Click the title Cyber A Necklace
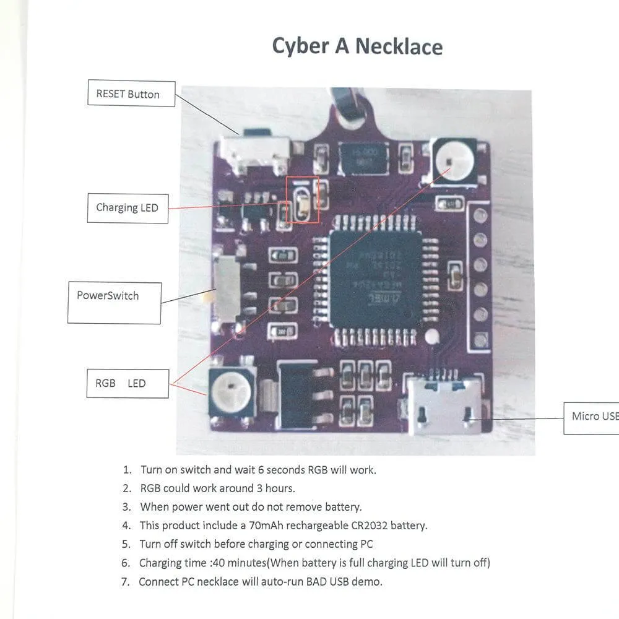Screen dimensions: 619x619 click(x=357, y=46)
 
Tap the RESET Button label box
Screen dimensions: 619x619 click(x=131, y=94)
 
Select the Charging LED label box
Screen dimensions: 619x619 click(x=128, y=208)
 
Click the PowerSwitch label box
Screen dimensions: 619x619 click(x=114, y=303)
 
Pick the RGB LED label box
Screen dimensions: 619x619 click(x=128, y=384)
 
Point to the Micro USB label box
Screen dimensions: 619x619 click(x=591, y=417)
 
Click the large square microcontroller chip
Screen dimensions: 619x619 click(x=376, y=279)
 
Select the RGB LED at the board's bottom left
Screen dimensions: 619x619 click(x=232, y=391)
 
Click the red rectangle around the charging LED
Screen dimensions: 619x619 click(x=303, y=200)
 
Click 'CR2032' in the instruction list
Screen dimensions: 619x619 click(x=366, y=526)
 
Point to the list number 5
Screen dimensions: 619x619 click(x=126, y=545)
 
